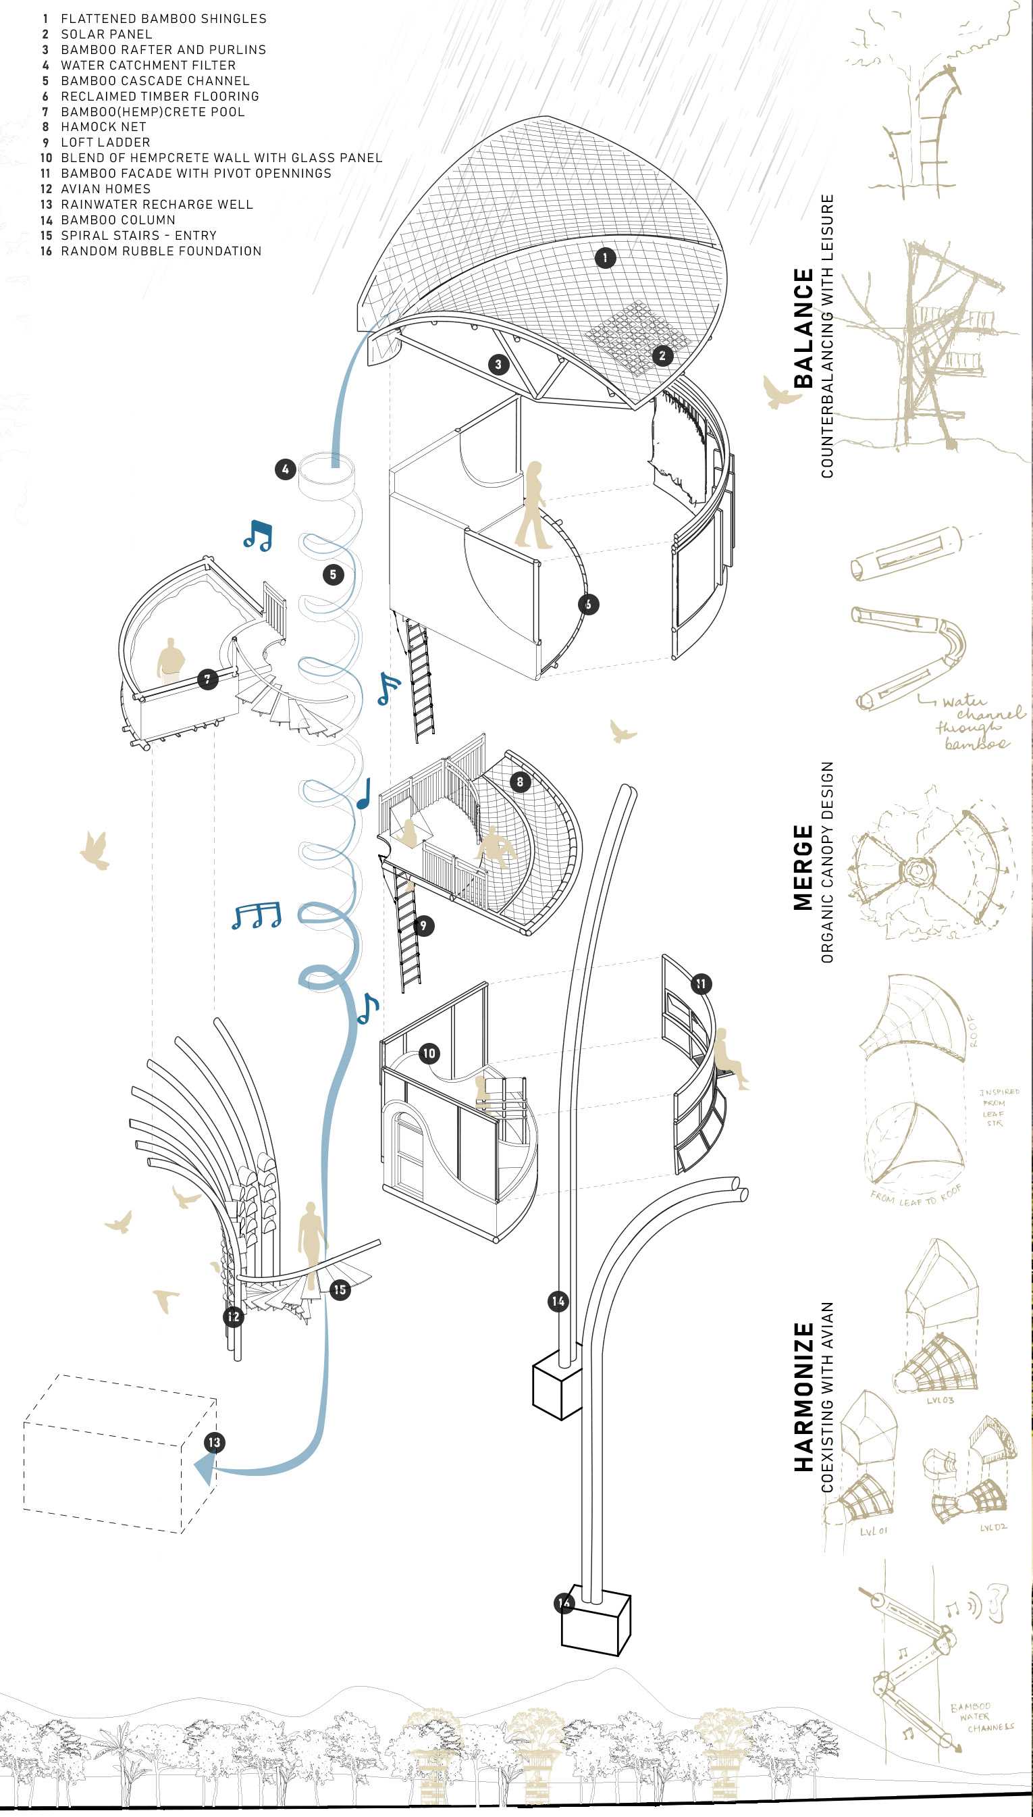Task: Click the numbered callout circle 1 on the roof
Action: coord(604,257)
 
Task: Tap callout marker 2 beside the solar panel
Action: coord(662,355)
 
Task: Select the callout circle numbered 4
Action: coord(285,469)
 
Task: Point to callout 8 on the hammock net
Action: coord(519,782)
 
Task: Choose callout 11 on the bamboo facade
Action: coord(701,983)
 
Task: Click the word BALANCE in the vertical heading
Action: coord(803,328)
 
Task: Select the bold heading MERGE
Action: coord(803,867)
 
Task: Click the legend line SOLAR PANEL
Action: coord(107,34)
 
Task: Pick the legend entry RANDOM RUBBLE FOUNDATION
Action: coord(161,251)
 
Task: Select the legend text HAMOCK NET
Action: coord(103,127)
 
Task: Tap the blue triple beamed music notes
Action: coord(256,917)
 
